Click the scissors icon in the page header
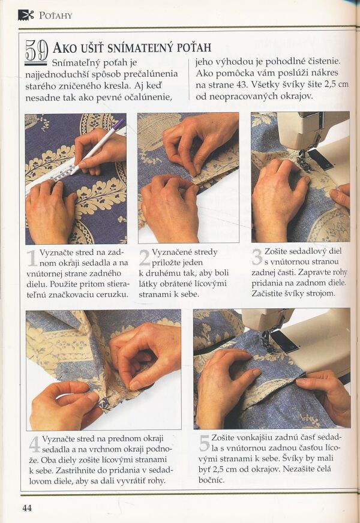[26, 15]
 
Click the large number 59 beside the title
[36, 51]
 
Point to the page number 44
[27, 507]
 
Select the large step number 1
[32, 258]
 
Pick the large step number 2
[145, 258]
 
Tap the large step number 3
[257, 257]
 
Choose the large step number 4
[35, 444]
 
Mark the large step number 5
[204, 443]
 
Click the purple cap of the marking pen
[119, 125]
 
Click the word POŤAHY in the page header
[56, 16]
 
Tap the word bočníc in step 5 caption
[211, 480]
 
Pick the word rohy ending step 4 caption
[157, 481]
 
